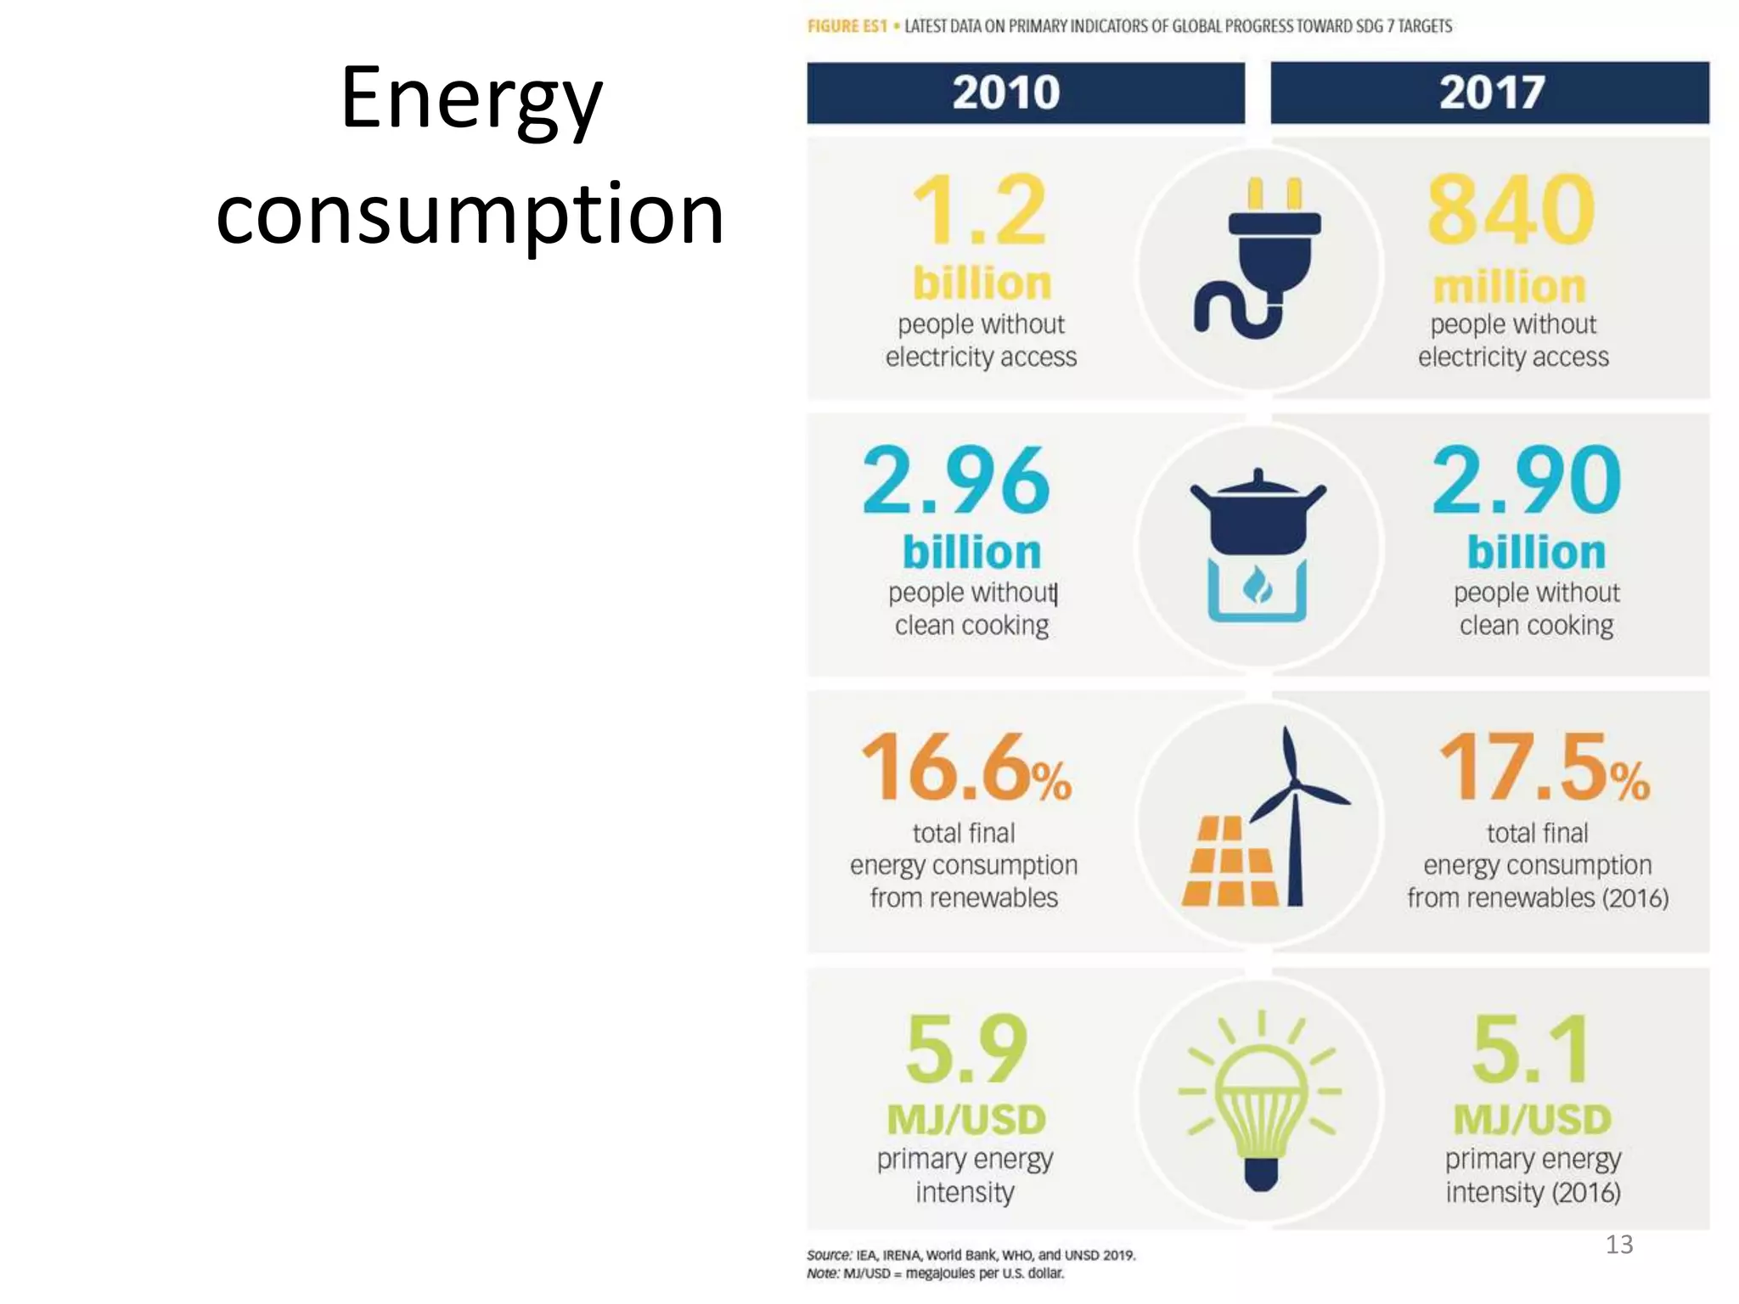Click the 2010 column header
tap(1005, 92)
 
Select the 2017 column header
tap(1491, 92)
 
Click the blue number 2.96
tap(956, 481)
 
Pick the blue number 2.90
tap(1526, 481)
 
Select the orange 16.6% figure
tap(965, 767)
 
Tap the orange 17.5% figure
tap(1543, 767)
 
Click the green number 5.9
tap(966, 1049)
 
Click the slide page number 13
tap(1618, 1245)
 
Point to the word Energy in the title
tap(471, 100)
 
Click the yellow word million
tap(1509, 287)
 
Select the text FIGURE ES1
tap(847, 26)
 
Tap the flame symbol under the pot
tap(1258, 587)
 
